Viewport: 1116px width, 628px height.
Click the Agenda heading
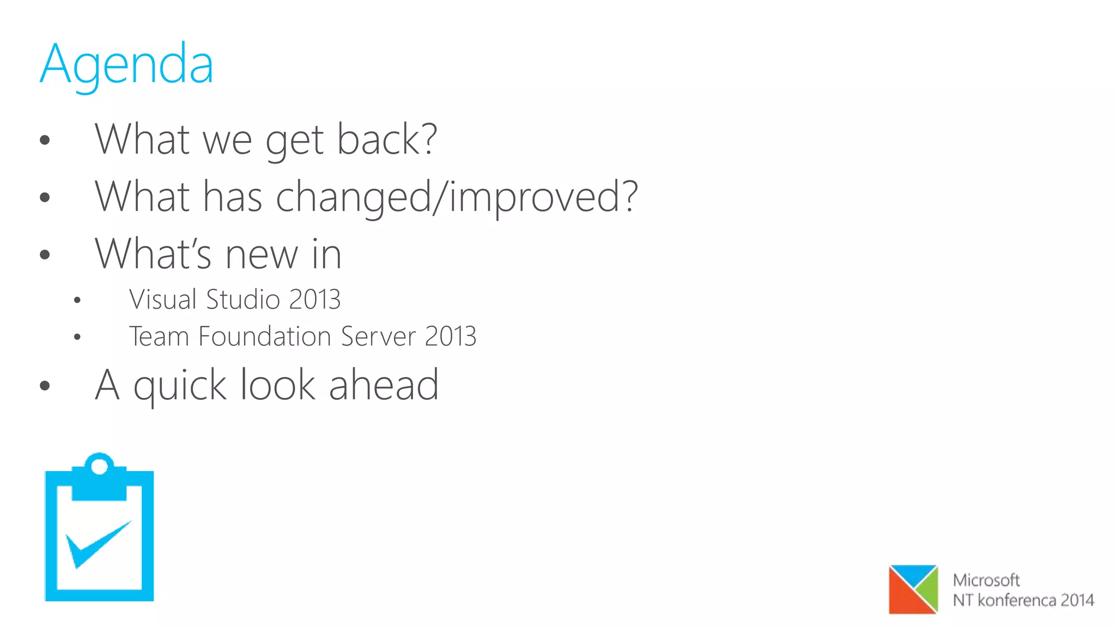pyautogui.click(x=126, y=65)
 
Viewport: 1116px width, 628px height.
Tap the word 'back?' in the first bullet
pyautogui.click(x=387, y=140)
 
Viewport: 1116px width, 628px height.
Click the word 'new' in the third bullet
pyautogui.click(x=261, y=254)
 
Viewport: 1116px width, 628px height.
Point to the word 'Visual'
pyautogui.click(x=162, y=299)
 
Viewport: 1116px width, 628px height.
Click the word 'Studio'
pyautogui.click(x=243, y=299)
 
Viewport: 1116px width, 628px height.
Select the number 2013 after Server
pyautogui.click(x=450, y=336)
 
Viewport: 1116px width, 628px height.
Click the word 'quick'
pyautogui.click(x=180, y=386)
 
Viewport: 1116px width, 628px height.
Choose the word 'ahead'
pyautogui.click(x=384, y=385)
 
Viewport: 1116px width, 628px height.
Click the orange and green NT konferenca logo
pyautogui.click(x=913, y=589)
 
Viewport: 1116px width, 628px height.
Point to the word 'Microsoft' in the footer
pyautogui.click(x=986, y=580)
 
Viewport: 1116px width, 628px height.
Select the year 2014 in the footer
pyautogui.click(x=1077, y=600)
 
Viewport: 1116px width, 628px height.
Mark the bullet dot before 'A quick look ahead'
pyautogui.click(x=45, y=386)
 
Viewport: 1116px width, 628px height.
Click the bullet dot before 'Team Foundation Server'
pyautogui.click(x=77, y=337)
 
